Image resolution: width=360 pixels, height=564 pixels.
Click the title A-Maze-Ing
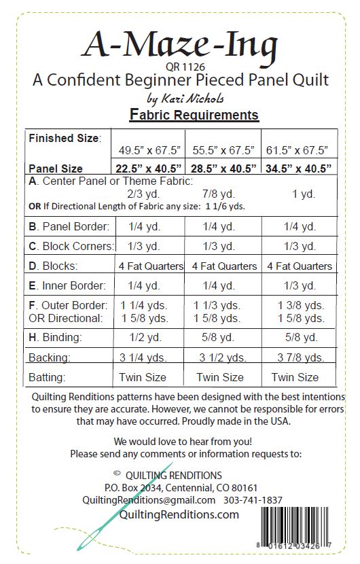tap(180, 44)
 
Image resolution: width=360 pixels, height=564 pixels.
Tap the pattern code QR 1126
tap(180, 67)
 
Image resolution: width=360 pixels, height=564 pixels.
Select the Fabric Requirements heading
tap(194, 115)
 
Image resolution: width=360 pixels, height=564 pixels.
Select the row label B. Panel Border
tap(69, 226)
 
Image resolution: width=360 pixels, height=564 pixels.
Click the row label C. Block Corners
tap(71, 246)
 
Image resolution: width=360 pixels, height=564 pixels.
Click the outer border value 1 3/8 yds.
tap(299, 305)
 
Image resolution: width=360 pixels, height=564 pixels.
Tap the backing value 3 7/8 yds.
tap(298, 357)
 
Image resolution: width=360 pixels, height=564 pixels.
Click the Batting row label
tap(50, 376)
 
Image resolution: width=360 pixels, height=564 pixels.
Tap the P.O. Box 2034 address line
tap(181, 487)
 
